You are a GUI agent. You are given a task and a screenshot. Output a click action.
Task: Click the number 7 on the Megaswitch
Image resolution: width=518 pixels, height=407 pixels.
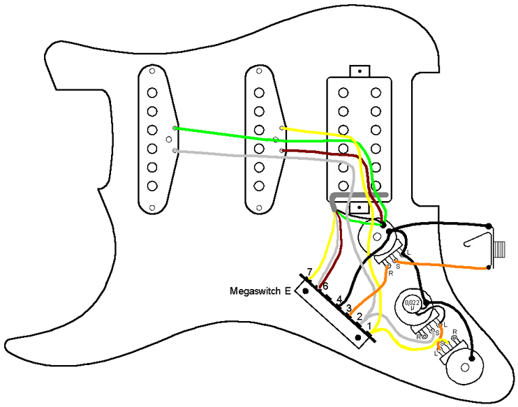[x=310, y=272]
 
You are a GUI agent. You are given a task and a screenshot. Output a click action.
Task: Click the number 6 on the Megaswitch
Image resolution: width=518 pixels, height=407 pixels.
[x=325, y=286]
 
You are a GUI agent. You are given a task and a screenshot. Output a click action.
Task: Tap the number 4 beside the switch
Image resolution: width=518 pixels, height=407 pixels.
[x=340, y=299]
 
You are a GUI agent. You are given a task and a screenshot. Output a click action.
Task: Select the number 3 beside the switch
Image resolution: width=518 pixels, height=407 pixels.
[x=348, y=308]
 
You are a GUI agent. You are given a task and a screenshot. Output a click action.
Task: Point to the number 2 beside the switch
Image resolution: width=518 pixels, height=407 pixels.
[x=359, y=317]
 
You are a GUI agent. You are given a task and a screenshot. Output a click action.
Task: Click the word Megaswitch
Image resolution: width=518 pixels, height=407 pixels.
[x=256, y=290]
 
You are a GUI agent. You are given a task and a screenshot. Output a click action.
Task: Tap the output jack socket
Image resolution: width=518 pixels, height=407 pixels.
[x=501, y=248]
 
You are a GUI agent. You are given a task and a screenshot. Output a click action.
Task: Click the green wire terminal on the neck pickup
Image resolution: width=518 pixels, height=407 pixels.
[x=175, y=128]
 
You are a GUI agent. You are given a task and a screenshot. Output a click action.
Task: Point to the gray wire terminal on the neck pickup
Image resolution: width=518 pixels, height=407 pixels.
[x=175, y=150]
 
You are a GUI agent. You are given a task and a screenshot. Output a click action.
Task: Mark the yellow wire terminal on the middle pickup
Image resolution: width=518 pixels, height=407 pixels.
[x=281, y=128]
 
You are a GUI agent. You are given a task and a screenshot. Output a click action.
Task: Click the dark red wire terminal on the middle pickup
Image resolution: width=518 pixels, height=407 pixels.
[x=281, y=150]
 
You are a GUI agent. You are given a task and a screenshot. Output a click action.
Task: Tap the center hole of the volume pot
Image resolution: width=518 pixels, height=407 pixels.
[x=377, y=237]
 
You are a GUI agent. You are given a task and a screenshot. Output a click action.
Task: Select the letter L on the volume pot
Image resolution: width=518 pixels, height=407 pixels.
[x=408, y=252]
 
